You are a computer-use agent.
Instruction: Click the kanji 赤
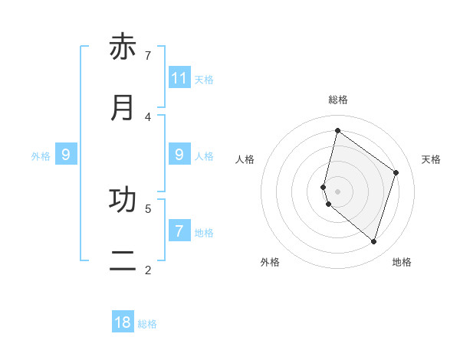point(123,47)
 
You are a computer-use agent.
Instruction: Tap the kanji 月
point(123,108)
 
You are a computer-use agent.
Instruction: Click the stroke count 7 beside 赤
point(148,55)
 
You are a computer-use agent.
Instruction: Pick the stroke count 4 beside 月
point(148,116)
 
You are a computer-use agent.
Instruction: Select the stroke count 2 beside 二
point(148,270)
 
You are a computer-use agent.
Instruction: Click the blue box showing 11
point(179,77)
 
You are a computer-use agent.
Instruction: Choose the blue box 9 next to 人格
point(179,155)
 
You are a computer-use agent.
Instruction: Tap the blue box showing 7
point(179,231)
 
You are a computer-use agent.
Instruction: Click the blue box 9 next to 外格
point(66,155)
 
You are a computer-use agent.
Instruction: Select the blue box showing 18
point(123,322)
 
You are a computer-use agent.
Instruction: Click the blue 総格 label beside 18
point(147,324)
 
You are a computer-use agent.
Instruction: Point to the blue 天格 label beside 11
point(204,79)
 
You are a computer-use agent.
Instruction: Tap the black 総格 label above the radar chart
point(338,100)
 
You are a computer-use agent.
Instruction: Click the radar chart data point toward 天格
point(396,172)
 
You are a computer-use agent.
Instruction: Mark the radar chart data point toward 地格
point(373,241)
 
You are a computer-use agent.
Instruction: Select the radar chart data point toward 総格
point(337,130)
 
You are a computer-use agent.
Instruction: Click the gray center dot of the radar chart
point(337,191)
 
